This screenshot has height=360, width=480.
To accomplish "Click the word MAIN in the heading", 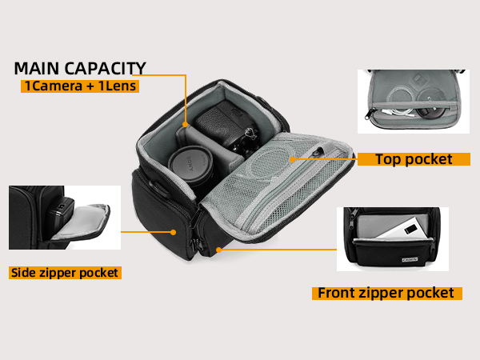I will tap(38, 68).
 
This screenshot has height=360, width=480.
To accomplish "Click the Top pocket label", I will tap(414, 159).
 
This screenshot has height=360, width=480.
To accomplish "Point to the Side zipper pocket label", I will tap(64, 273).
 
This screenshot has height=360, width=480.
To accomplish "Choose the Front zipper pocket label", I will tap(386, 293).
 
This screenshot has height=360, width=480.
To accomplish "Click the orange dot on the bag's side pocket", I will tap(174, 232).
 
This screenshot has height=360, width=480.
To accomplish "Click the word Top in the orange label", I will tap(391, 159).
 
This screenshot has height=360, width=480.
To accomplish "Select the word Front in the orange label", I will tap(337, 293).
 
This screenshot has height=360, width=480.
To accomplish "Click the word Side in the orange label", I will tap(25, 273).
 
